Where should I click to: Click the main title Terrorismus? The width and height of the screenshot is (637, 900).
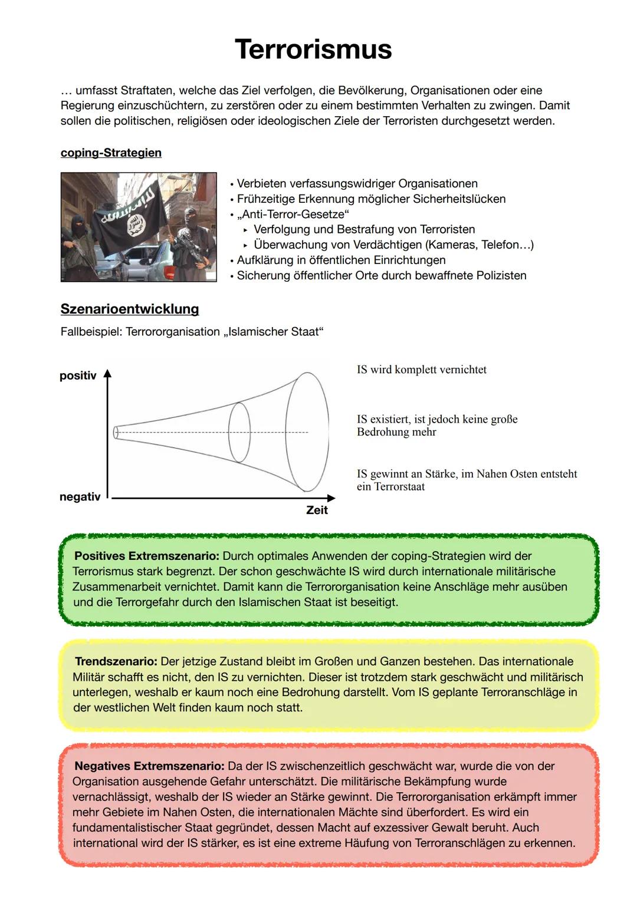(x=313, y=49)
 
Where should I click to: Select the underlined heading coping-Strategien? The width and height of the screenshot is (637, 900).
(x=111, y=153)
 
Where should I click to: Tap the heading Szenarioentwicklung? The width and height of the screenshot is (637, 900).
(x=130, y=309)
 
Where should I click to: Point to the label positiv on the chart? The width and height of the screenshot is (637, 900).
(x=78, y=376)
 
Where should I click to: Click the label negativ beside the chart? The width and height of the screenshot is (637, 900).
(x=80, y=497)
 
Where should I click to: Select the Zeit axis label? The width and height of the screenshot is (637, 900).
(x=317, y=510)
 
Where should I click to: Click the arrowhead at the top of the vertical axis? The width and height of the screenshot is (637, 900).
(x=107, y=374)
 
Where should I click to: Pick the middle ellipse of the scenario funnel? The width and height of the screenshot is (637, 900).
(x=239, y=432)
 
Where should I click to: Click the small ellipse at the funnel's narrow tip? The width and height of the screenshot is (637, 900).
(x=116, y=433)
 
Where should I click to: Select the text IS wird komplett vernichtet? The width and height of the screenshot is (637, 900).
(x=422, y=370)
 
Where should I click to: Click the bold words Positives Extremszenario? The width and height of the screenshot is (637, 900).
(x=147, y=556)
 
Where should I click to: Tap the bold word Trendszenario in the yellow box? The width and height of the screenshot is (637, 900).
(x=116, y=661)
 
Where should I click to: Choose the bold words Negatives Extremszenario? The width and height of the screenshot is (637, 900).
(x=149, y=766)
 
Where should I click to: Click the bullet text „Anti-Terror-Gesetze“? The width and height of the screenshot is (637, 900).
(x=293, y=215)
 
